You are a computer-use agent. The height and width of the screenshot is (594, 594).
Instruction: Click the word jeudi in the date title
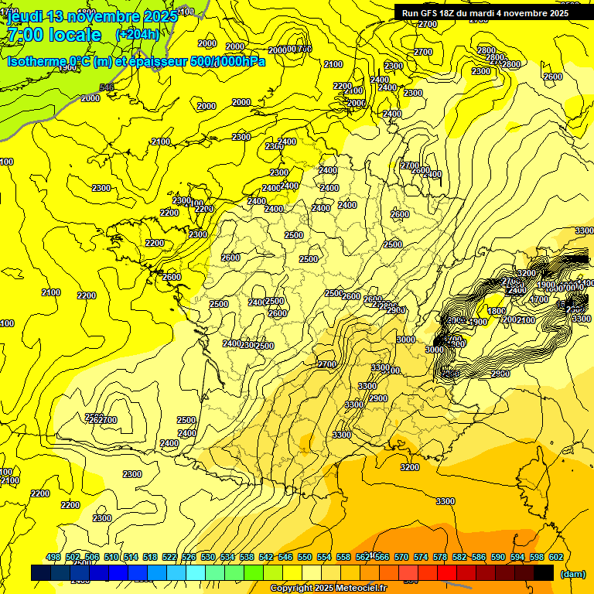coord(23,16)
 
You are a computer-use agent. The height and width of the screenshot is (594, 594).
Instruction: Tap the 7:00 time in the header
coord(23,35)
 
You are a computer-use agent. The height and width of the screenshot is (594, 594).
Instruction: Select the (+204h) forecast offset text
coord(137,35)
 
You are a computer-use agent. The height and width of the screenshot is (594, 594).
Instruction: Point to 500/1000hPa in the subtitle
coord(222,62)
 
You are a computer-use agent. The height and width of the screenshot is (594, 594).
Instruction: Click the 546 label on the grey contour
coord(107,87)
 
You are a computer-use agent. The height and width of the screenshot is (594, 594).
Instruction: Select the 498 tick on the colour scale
coord(53,558)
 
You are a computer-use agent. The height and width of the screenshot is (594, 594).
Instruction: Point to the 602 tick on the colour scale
coord(555,558)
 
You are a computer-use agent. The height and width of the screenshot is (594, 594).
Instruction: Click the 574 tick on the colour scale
coord(421,558)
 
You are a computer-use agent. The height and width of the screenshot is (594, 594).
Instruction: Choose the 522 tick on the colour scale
coord(169,558)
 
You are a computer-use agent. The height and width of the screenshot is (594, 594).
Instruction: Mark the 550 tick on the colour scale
coord(305,558)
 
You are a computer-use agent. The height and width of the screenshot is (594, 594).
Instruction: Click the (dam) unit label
coord(572,574)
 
